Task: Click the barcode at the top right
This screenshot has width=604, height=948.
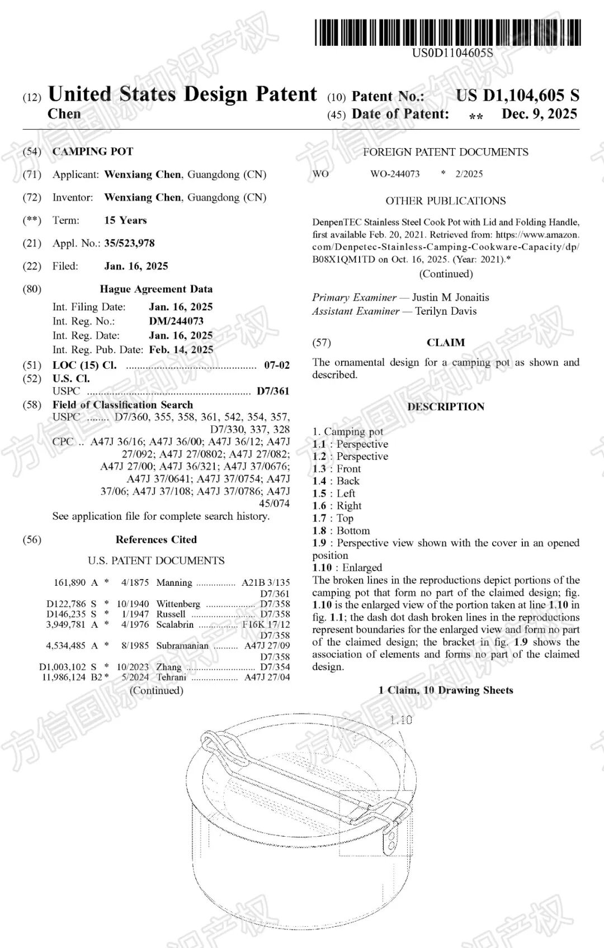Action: click(x=447, y=32)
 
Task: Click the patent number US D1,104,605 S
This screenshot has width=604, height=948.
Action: click(x=517, y=96)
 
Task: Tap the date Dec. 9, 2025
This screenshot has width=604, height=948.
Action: click(x=539, y=114)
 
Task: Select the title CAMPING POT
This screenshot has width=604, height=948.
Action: click(x=93, y=151)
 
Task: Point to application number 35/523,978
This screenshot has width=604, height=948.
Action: click(x=129, y=243)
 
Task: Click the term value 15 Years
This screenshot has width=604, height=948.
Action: click(x=125, y=220)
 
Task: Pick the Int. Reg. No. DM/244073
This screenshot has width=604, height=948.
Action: click(x=176, y=321)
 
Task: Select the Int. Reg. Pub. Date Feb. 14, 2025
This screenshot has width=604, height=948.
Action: click(x=181, y=350)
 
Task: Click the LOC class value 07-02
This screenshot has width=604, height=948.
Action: click(x=277, y=366)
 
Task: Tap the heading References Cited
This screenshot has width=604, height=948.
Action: click(x=156, y=539)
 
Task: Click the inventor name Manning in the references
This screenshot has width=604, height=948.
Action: click(x=174, y=582)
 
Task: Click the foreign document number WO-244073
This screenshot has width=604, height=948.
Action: click(x=395, y=174)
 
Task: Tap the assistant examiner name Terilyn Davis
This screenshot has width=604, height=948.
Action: click(x=446, y=311)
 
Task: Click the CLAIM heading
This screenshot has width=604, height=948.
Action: click(x=446, y=343)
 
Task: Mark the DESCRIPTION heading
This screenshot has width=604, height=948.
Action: click(x=446, y=407)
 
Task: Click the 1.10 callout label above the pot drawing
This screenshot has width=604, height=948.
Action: click(x=400, y=721)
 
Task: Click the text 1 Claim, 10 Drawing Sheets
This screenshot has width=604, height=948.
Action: click(x=446, y=690)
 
